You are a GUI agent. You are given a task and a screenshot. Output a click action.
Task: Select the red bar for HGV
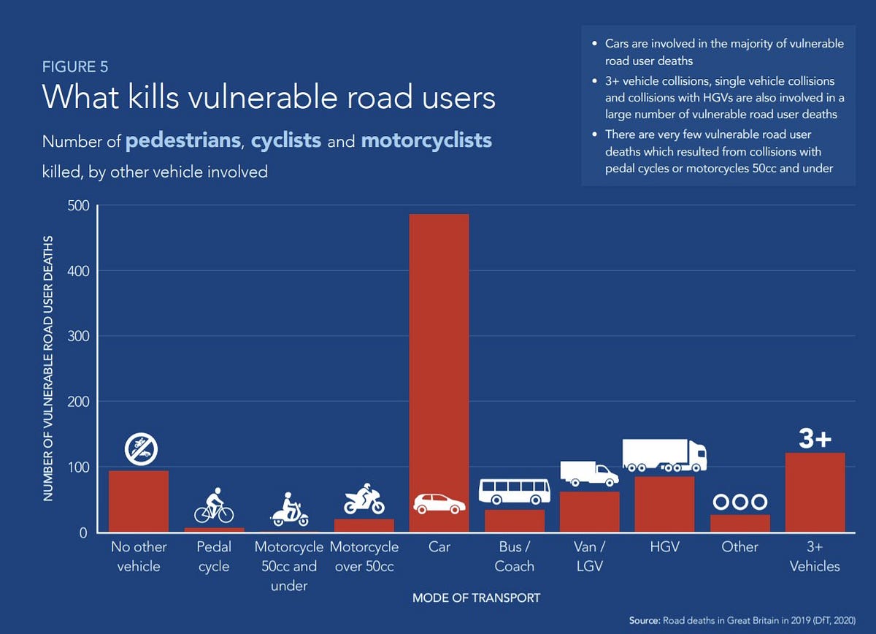pos(664,504)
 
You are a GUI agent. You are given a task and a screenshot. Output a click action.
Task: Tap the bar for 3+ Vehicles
pos(815,492)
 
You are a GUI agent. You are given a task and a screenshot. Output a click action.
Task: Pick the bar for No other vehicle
pos(139,501)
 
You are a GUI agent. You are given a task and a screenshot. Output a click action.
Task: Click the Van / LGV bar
pos(589,511)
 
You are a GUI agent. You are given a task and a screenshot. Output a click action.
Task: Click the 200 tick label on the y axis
pos(78,402)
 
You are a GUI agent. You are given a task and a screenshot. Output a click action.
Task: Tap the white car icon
pos(439,503)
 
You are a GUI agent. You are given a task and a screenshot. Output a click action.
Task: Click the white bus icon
pos(514,491)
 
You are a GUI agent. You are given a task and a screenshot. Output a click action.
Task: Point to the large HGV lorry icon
pos(664,455)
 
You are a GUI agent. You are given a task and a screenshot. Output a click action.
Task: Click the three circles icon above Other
pos(739,503)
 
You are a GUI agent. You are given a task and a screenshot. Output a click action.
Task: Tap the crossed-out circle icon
pos(139,449)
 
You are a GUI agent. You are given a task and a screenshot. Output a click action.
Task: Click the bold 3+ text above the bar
pos(815,439)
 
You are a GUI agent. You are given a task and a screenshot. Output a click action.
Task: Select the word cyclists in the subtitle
pos(286,140)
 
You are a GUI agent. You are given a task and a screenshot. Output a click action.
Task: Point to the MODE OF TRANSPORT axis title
pos(476,597)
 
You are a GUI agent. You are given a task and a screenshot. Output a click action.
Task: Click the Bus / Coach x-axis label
pos(514,557)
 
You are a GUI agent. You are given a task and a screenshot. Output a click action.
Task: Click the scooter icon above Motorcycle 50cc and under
pos(289,509)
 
